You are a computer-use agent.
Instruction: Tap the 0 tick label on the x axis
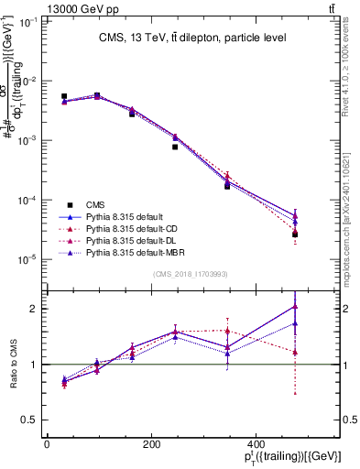[x=47, y=444]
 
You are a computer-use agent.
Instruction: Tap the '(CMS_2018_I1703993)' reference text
[x=191, y=274]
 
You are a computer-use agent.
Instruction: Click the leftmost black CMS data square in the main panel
[x=64, y=96]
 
